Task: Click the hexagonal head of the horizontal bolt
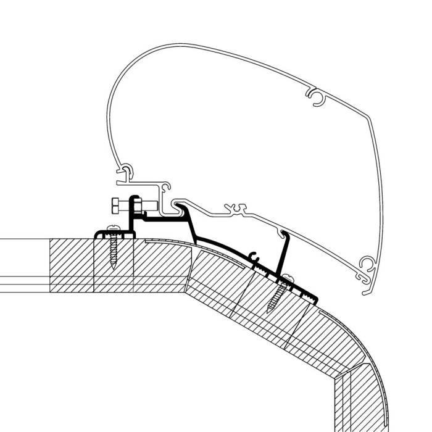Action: (115, 204)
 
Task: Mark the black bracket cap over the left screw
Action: (99, 233)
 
